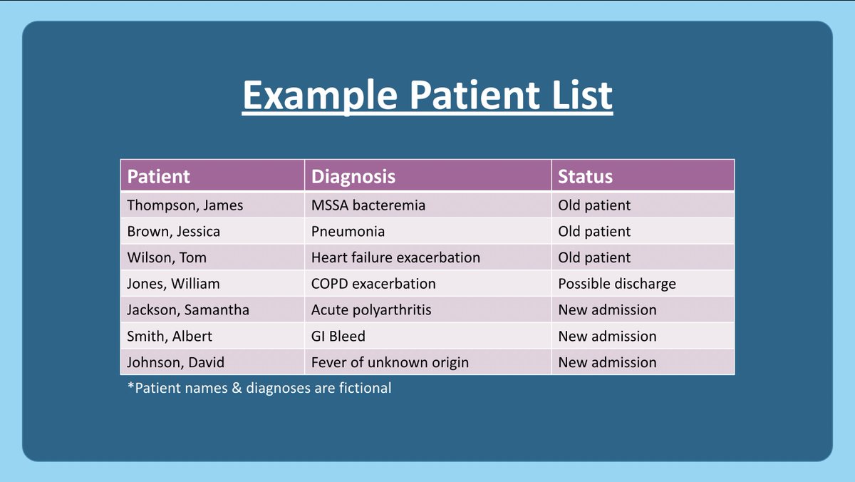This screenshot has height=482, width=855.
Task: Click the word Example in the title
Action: coord(320,96)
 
